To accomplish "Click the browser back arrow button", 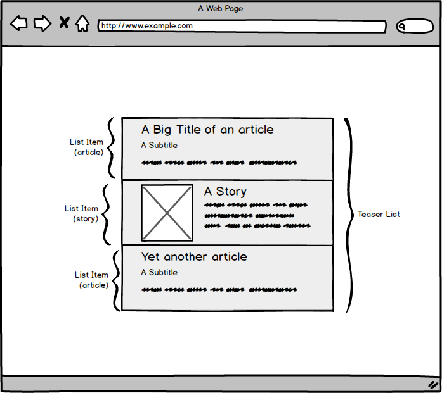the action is pyautogui.click(x=19, y=24).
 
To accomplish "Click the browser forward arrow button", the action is pyautogui.click(x=42, y=24).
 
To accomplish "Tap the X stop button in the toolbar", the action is pyautogui.click(x=64, y=23).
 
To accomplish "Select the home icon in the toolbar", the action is pyautogui.click(x=82, y=23).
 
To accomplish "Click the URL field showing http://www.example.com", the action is pyautogui.click(x=242, y=27).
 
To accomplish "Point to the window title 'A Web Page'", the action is pyautogui.click(x=221, y=8).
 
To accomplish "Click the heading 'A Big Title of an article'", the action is pyautogui.click(x=207, y=130).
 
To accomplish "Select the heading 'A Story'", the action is pyautogui.click(x=225, y=191).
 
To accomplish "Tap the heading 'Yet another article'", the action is pyautogui.click(x=194, y=257).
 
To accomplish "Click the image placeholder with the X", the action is pyautogui.click(x=167, y=213).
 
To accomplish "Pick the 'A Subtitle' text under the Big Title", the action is pyautogui.click(x=159, y=146).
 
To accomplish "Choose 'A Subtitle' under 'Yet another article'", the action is pyautogui.click(x=159, y=273).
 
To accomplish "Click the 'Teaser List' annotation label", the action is pyautogui.click(x=379, y=215).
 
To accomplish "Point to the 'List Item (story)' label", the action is pyautogui.click(x=82, y=213).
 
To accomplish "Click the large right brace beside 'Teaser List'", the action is pyautogui.click(x=349, y=215).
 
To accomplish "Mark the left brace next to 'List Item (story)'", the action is pyautogui.click(x=107, y=213).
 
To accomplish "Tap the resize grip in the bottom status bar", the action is pyautogui.click(x=434, y=384).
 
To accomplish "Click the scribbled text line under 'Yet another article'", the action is pyautogui.click(x=219, y=290).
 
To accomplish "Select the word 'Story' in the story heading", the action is pyautogui.click(x=231, y=191).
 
